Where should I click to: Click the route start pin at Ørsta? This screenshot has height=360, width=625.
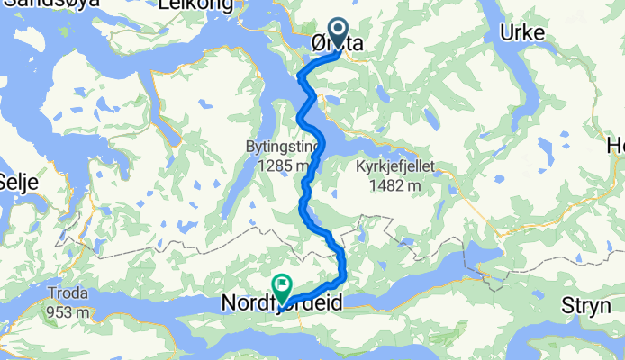point(340,33)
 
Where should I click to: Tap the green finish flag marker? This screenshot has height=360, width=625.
point(282,287)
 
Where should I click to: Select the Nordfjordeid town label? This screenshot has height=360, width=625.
point(282,306)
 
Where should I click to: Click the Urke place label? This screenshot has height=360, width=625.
point(521,33)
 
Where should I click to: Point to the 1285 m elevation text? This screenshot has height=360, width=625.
point(284,166)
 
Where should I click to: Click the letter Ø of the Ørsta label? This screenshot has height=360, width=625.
point(316,43)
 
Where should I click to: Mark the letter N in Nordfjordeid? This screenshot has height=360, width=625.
point(229,306)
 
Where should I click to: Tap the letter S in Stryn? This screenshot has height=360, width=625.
point(567,306)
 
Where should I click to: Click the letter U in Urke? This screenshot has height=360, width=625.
point(505,33)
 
